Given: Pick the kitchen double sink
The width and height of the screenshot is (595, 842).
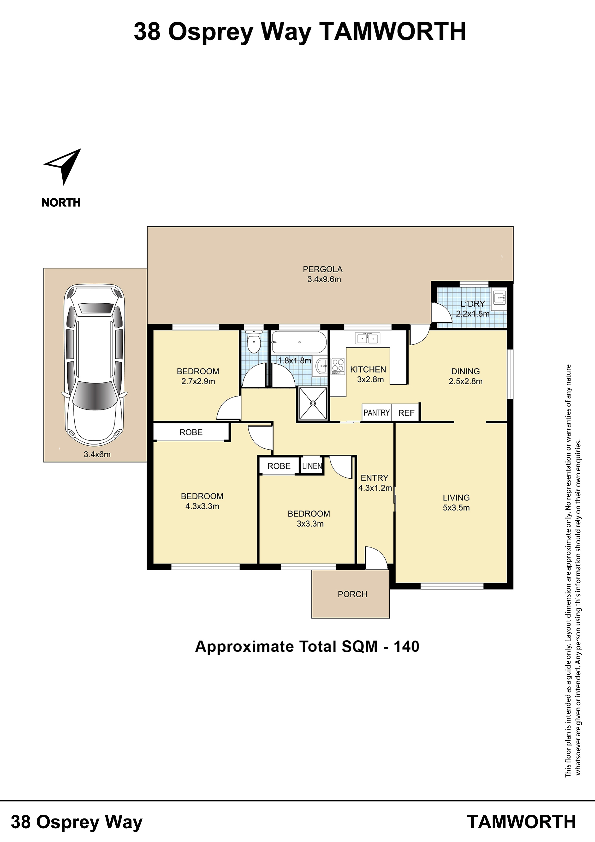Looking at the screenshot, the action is [368, 338].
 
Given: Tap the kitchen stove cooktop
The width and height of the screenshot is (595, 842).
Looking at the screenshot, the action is [338, 366].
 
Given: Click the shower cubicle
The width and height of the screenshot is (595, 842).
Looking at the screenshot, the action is [313, 403].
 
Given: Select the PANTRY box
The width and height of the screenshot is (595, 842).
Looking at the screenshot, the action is [376, 413].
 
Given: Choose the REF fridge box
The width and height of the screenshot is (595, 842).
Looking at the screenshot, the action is [406, 413].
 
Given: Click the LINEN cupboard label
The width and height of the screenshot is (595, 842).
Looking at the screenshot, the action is [312, 466].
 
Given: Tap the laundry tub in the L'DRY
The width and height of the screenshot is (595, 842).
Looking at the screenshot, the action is [499, 297].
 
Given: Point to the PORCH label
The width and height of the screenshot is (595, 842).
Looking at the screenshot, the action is [352, 594].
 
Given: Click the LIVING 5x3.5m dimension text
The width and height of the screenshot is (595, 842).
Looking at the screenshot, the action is [456, 508].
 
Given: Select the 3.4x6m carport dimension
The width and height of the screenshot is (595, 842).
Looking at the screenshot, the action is [97, 454].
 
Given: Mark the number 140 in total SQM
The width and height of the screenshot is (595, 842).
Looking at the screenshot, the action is [407, 647].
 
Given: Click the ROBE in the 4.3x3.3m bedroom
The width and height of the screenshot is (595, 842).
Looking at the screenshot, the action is [191, 432].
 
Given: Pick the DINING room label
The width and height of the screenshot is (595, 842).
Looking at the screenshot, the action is [465, 371].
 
